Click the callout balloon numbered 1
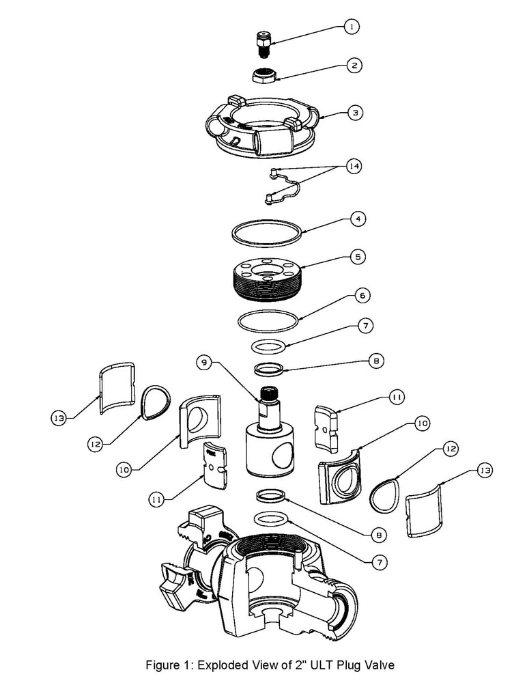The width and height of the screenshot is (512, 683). pos(352,27)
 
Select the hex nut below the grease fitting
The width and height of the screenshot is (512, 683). pos(264,75)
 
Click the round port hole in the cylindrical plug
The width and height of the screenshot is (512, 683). pos(283,456)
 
